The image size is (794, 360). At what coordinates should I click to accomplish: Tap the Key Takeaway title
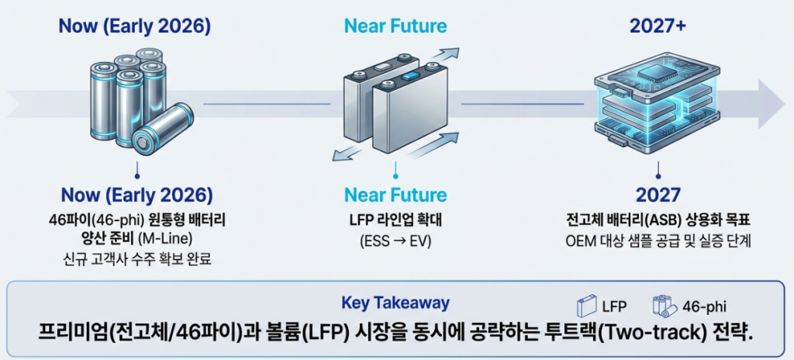click(x=395, y=303)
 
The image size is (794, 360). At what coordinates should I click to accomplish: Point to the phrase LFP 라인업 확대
click(x=395, y=220)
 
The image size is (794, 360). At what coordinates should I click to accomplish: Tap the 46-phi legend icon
click(x=665, y=305)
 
